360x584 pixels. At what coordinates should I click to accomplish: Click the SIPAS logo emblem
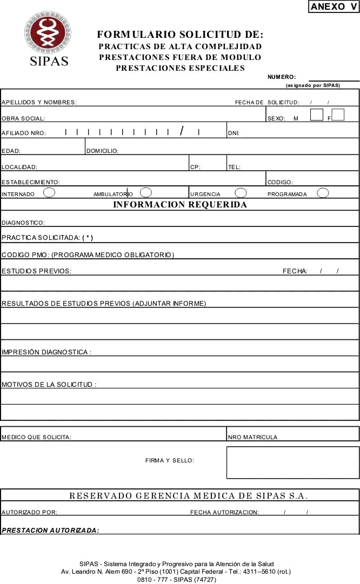pos(47,33)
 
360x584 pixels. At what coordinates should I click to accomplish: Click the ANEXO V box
pos(334,7)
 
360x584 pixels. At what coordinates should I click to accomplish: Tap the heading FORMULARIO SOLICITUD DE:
pos(180,35)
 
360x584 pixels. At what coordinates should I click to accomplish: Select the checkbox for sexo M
pos(317,115)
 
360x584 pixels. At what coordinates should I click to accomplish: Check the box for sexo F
pos(338,115)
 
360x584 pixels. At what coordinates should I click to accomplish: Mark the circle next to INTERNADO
pos(49,192)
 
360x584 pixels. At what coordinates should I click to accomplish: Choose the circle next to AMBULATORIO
pos(145,192)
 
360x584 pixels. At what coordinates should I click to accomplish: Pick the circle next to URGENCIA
pos(241,192)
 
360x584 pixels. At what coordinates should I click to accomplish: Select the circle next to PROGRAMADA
pos(323,192)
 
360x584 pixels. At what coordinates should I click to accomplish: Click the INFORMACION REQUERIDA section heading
pos(180,205)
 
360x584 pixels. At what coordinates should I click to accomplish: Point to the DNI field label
pos(234,133)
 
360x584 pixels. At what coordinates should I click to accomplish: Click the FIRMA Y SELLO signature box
pos(292,462)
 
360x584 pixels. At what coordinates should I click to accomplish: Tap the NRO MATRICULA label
pos(252,438)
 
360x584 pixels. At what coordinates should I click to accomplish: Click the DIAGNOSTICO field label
pos(23,223)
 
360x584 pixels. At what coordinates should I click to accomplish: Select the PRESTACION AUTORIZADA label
pos(50,531)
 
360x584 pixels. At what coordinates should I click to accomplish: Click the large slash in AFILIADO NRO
pos(183,131)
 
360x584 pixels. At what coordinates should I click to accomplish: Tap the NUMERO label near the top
pos(282,77)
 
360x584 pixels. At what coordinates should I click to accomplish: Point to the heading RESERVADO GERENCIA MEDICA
pos(189,496)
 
